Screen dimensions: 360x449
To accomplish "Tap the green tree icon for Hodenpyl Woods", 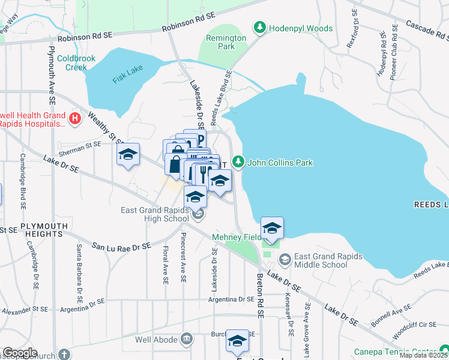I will pos(259,28).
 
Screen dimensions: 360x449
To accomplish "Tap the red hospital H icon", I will pos(75,119).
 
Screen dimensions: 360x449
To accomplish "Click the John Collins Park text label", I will pos(280,163).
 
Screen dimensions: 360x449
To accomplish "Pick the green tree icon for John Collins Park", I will pos(238,162).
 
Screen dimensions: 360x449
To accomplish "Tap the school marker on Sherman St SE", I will pos(128,155).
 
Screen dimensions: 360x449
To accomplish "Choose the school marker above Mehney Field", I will pos(272,228).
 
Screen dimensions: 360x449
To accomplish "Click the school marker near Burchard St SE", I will pos(237,341).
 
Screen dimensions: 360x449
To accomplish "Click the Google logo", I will pos(20,353).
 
